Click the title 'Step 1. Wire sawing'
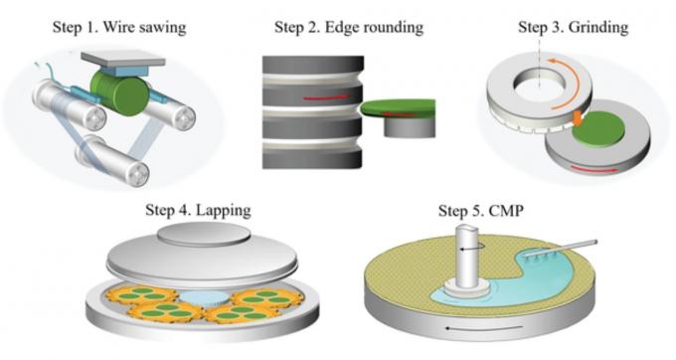119,27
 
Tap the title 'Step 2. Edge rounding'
349,27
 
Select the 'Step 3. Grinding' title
573,27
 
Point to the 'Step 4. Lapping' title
198,210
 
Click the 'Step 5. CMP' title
481,211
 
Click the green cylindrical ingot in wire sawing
119,93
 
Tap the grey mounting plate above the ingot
123,59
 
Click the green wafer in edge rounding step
398,107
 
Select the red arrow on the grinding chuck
594,169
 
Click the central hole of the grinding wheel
540,82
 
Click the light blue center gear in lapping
204,297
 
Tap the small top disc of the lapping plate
204,234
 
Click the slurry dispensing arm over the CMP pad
561,250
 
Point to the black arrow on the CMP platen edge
484,327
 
